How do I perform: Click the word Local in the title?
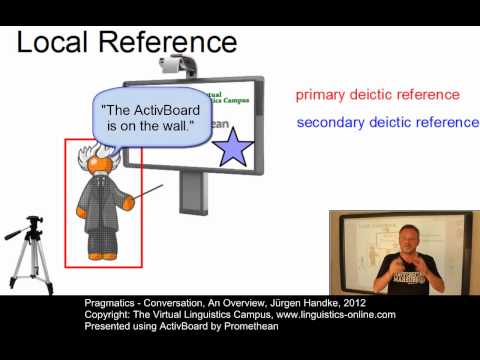[x=53, y=43]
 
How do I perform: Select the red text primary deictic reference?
[x=377, y=95]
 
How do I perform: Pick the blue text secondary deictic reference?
[x=387, y=123]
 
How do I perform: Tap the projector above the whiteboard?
[x=179, y=67]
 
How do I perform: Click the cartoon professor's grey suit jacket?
[x=100, y=215]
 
